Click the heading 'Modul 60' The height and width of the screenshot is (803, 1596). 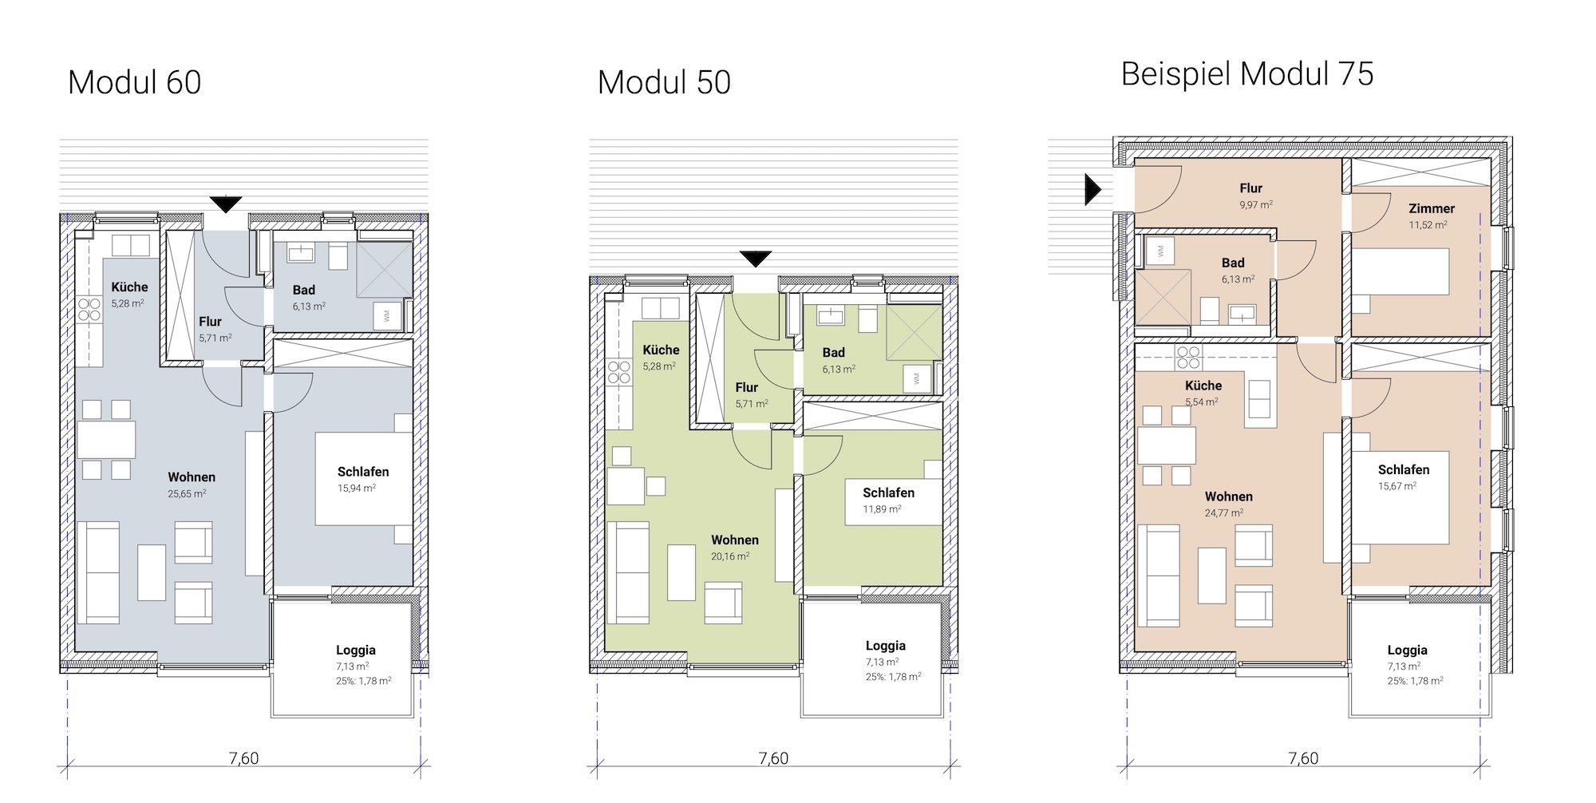134,82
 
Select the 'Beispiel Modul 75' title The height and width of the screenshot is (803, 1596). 1247,74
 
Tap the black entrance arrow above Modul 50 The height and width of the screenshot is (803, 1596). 755,259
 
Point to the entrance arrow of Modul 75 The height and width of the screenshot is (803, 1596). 1092,189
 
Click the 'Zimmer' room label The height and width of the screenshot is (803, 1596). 1432,208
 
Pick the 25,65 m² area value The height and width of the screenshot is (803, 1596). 187,494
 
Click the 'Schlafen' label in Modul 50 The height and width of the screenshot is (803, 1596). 888,492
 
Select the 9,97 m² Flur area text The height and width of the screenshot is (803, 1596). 1255,205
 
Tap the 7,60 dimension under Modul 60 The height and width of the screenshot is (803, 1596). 243,758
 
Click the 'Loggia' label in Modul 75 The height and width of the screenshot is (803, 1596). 1407,650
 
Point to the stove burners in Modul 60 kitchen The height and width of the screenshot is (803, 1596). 89,309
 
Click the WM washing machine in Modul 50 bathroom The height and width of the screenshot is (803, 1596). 916,378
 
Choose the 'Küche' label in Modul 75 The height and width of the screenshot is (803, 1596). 1203,386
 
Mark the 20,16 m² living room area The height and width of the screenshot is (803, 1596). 730,556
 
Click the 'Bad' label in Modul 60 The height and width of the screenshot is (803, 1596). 304,290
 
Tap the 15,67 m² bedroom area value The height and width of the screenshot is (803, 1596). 1397,486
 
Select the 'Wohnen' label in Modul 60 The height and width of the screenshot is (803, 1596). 192,477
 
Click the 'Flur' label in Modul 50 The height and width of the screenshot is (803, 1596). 747,387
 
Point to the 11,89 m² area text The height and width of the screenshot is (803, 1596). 882,509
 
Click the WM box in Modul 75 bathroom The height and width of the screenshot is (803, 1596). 1160,251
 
